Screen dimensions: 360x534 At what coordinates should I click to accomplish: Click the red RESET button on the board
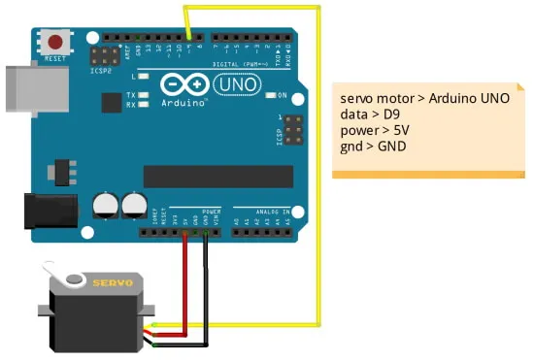pos(57,43)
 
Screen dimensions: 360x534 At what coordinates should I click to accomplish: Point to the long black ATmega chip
pos(217,176)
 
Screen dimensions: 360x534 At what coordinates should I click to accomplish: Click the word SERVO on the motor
pos(112,282)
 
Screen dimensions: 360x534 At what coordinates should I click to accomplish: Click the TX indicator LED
pos(144,95)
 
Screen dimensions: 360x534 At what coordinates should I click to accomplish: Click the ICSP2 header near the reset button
pos(102,53)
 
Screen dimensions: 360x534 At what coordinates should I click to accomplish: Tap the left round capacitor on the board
pos(105,203)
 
